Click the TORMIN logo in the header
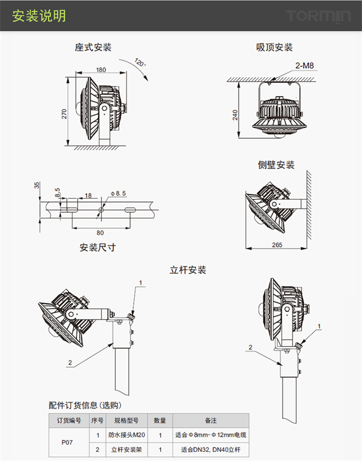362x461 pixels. coord(319,16)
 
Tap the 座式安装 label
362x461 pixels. coord(93,47)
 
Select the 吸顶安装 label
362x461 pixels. coord(275,47)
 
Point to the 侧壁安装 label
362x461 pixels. coord(276,165)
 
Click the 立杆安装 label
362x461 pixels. coord(188,270)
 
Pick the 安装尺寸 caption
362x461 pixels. coord(97,248)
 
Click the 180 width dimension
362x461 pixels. coord(101,70)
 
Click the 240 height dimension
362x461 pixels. coord(235,115)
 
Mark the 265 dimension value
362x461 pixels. coord(277,245)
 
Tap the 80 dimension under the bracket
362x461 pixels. coord(100,232)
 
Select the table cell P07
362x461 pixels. coord(68,442)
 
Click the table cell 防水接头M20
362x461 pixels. coord(126,435)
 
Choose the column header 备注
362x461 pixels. coord(211,420)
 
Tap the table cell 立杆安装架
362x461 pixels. coord(126,450)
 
